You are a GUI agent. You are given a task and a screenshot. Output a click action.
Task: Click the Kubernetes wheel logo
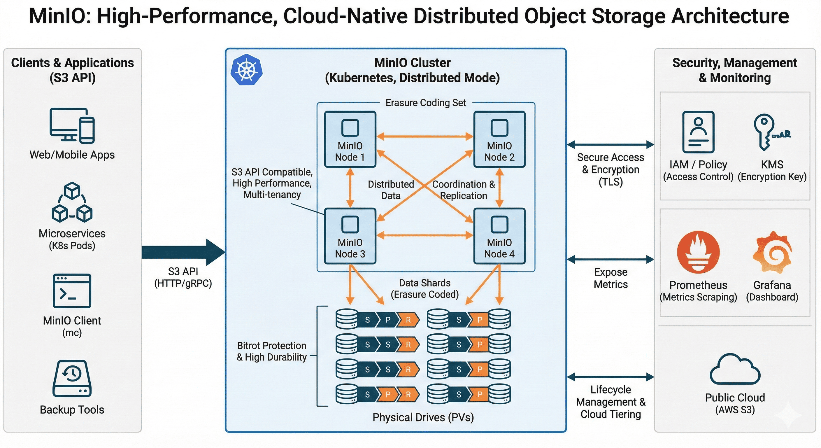pyautogui.click(x=246, y=69)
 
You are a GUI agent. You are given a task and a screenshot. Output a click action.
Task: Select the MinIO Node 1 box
pyautogui.click(x=350, y=139)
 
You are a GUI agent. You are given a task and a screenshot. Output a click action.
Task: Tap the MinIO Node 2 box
pyautogui.click(x=499, y=139)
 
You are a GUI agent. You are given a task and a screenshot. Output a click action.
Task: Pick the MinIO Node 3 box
pyautogui.click(x=350, y=236)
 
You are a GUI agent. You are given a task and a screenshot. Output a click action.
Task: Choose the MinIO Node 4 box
pyautogui.click(x=499, y=236)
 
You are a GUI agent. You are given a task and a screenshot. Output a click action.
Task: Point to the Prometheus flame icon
pyautogui.click(x=698, y=252)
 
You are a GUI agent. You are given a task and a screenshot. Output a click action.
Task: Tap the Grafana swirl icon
pyautogui.click(x=772, y=252)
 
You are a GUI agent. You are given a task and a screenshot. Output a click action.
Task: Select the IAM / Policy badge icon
pyautogui.click(x=698, y=132)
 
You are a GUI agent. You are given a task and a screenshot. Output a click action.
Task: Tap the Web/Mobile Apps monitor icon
pyautogui.click(x=72, y=126)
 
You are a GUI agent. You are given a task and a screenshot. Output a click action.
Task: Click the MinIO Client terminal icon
pyautogui.click(x=72, y=291)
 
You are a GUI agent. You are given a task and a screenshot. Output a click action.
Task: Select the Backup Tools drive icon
pyautogui.click(x=72, y=379)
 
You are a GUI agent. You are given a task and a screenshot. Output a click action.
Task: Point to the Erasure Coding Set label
pyautogui.click(x=425, y=103)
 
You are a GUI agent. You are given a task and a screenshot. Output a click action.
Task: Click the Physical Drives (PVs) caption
pyautogui.click(x=423, y=417)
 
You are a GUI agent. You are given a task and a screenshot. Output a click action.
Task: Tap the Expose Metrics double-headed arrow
pyautogui.click(x=610, y=260)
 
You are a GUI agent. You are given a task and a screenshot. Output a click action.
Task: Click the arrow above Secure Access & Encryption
pyautogui.click(x=610, y=144)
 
